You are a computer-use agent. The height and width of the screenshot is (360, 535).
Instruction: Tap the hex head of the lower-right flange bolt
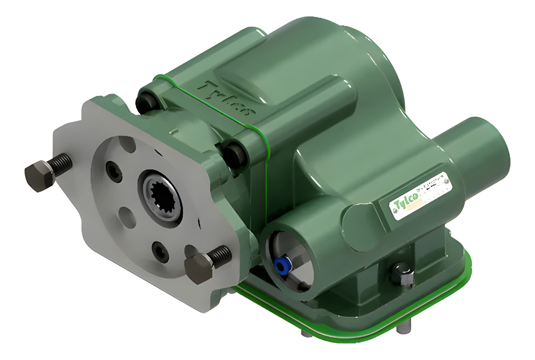click(198, 268)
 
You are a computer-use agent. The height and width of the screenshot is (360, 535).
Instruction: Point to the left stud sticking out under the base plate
click(305, 333)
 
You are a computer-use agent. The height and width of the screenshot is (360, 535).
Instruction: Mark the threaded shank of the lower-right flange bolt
click(221, 256)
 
